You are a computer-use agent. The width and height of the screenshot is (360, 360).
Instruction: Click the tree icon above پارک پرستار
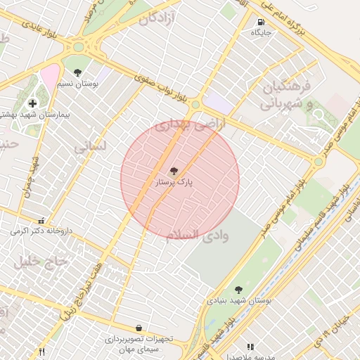pos(174,171)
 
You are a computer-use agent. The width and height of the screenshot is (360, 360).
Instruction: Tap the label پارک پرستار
pos(174,182)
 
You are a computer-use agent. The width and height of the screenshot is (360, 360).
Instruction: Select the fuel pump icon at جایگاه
pos(262,22)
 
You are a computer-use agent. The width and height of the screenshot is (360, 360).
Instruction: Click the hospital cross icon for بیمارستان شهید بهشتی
pos(32,103)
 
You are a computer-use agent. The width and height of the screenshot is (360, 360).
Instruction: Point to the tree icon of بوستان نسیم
pos(77,72)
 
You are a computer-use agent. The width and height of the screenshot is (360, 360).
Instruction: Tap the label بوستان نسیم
pos(78,83)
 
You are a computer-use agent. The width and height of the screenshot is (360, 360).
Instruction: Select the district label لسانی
pos(90,147)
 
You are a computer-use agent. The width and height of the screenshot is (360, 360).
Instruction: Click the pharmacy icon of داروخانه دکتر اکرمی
pos(42,220)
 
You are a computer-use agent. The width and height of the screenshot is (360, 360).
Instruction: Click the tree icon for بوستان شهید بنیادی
pos(238,289)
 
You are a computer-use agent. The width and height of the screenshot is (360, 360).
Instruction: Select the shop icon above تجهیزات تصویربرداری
pos(139,328)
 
